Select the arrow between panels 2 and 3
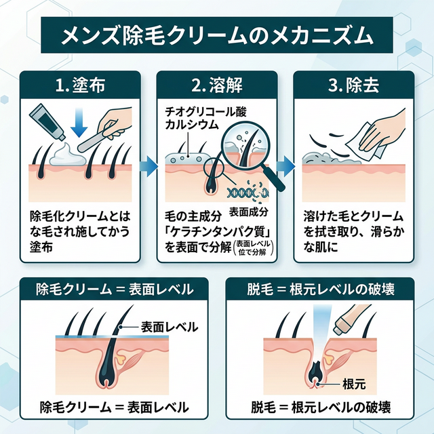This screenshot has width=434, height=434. (x=287, y=165)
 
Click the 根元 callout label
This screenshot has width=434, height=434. (x=354, y=384)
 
